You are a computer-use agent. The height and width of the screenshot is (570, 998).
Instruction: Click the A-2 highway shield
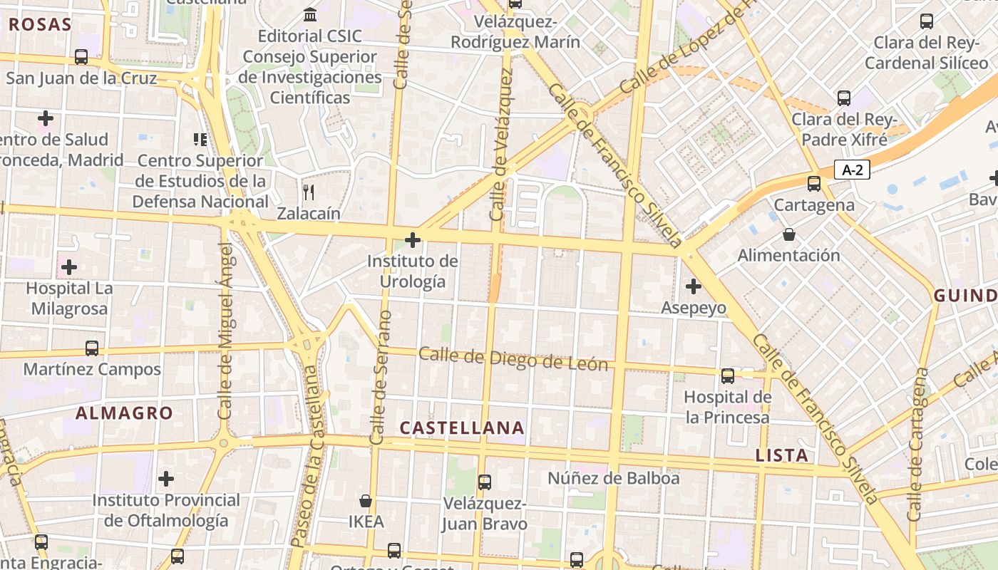[x=852, y=170]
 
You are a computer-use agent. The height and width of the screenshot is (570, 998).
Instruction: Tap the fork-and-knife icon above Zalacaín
[x=309, y=191]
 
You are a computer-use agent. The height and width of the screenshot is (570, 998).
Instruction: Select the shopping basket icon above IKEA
[x=366, y=501]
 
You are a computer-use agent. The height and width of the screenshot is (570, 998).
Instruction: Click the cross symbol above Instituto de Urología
[x=413, y=240]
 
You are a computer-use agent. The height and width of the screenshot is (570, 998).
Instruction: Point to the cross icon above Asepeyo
[x=693, y=286]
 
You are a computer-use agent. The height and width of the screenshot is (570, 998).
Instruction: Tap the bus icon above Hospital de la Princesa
[x=728, y=375]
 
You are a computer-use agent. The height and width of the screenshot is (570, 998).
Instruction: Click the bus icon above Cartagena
[x=814, y=184]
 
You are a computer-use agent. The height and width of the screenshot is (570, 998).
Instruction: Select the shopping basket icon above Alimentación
[x=789, y=234]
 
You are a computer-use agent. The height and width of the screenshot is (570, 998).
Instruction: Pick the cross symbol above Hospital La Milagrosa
[x=69, y=267]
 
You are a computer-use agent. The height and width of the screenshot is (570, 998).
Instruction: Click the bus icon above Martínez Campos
[x=92, y=348]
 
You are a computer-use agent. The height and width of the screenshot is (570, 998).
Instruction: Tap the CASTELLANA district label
[x=462, y=428]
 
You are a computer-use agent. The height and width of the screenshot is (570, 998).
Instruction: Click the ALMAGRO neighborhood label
[x=124, y=413]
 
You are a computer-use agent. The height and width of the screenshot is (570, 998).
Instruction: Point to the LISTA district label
[x=782, y=455]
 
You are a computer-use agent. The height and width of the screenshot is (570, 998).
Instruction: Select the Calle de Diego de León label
[x=513, y=359]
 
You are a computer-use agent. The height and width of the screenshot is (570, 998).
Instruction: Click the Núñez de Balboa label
[x=613, y=478]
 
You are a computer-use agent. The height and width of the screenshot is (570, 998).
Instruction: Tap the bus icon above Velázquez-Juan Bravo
[x=485, y=482]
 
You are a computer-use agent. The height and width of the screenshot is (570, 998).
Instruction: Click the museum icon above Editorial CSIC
[x=310, y=14]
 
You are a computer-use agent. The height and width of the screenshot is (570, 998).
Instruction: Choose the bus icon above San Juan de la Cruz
[x=81, y=57]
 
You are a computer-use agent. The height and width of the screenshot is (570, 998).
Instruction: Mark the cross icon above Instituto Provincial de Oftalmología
[x=166, y=479]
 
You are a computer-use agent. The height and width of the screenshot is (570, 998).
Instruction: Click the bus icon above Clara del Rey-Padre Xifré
[x=844, y=98]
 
